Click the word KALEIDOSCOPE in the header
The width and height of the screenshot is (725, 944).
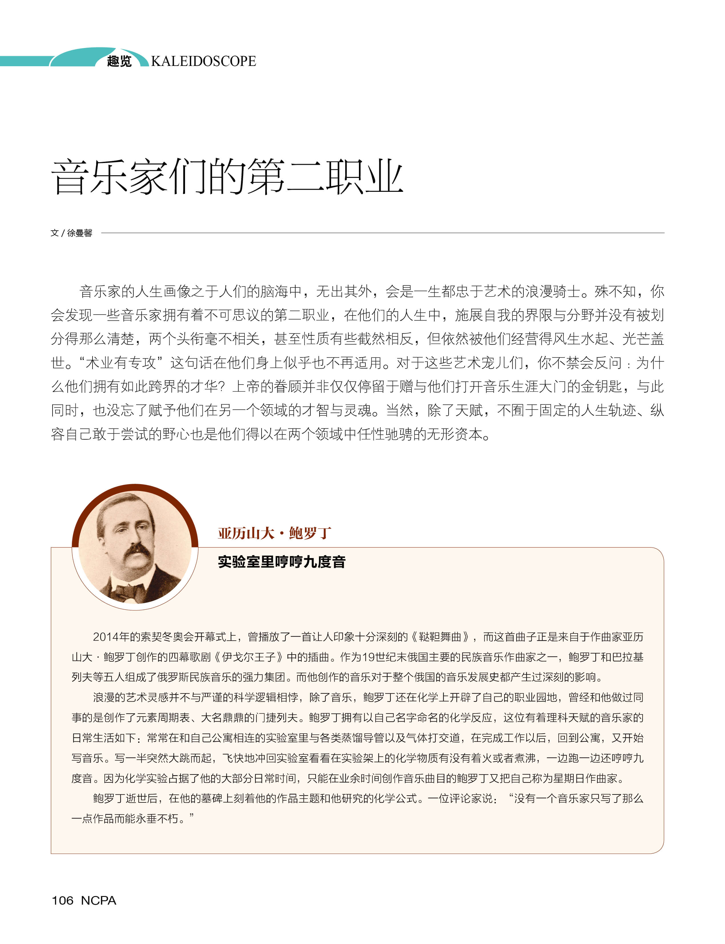[x=203, y=61]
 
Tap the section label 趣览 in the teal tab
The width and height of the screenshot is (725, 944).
[x=119, y=61]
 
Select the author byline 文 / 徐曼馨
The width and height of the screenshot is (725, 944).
[x=71, y=233]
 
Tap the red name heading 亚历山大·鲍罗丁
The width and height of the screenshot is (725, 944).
[x=274, y=533]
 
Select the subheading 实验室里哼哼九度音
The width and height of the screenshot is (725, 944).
[x=281, y=562]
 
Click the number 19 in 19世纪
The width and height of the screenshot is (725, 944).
[x=368, y=657]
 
